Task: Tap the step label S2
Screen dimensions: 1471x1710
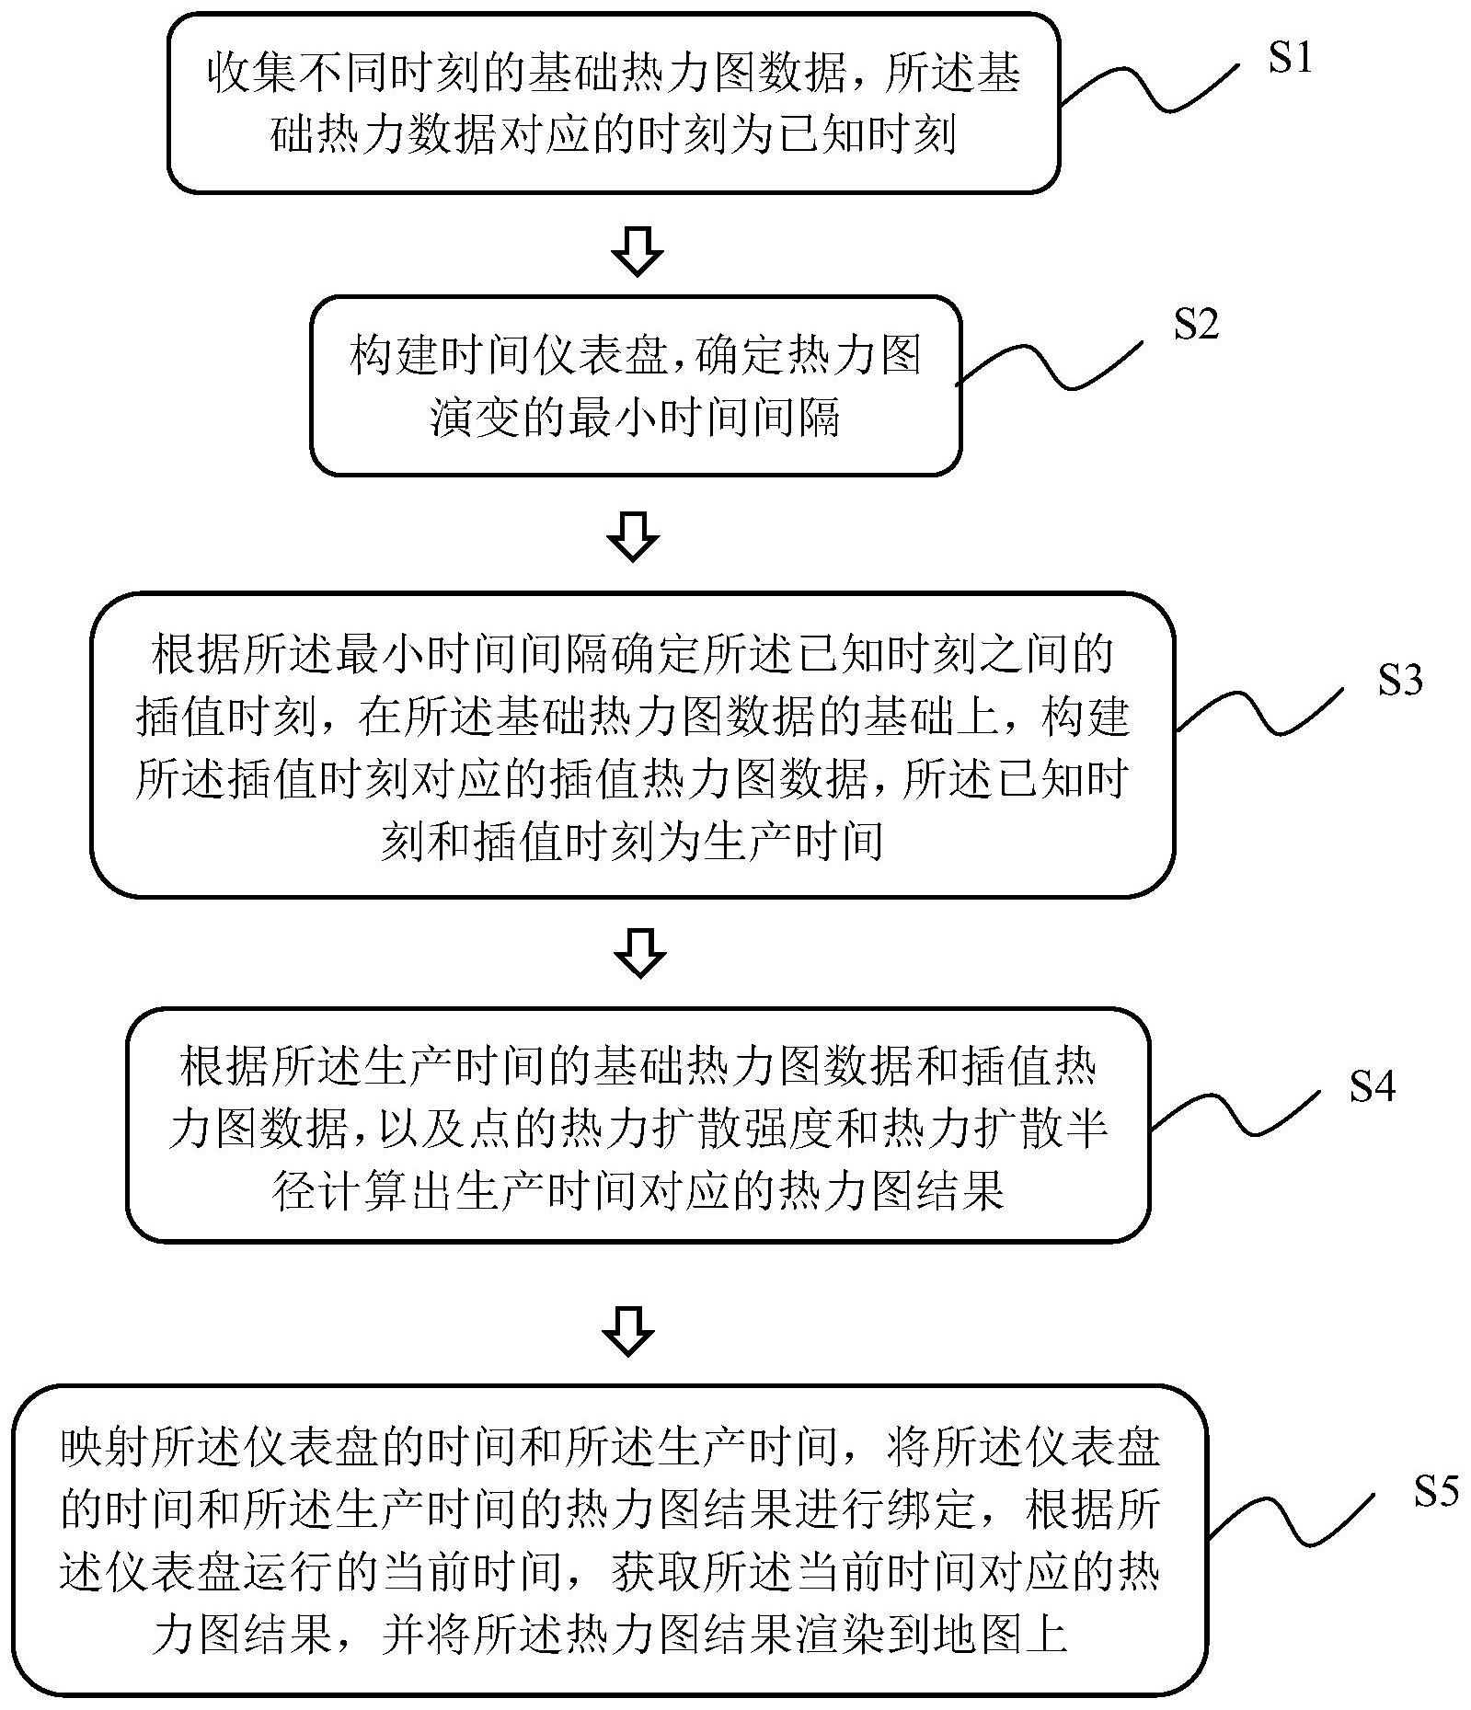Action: [1196, 324]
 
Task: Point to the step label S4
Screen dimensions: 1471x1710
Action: [1373, 1086]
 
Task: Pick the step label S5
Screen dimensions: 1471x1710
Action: [1436, 1492]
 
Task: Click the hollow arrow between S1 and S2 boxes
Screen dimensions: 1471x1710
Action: [638, 249]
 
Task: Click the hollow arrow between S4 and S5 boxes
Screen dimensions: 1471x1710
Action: [628, 1330]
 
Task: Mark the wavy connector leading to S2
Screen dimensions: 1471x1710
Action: [1050, 363]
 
